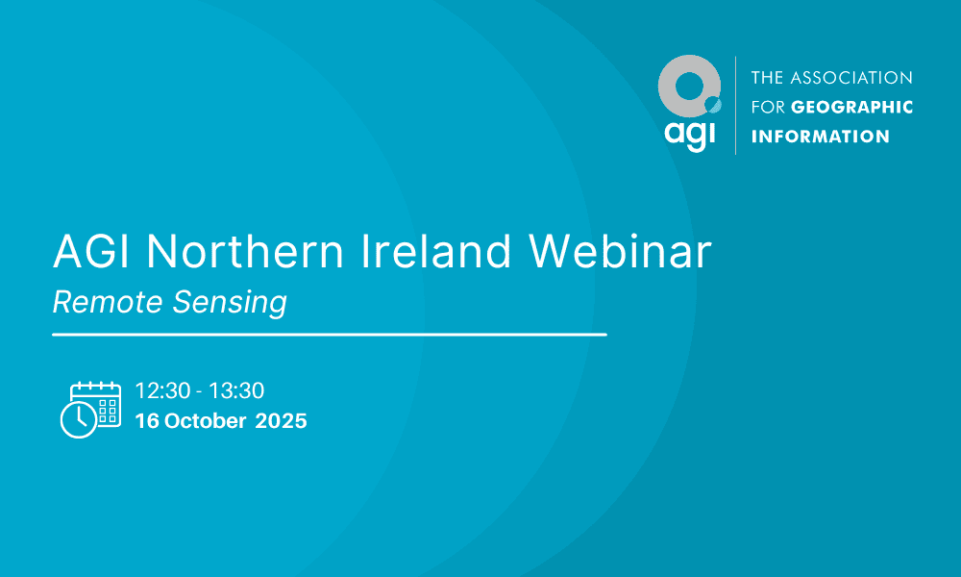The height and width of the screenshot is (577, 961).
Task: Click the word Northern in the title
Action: click(x=245, y=251)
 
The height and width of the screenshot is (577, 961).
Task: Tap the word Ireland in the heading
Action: click(x=435, y=251)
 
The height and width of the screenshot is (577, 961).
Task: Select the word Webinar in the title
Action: click(x=620, y=251)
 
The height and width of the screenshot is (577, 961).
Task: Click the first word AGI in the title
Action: click(x=91, y=251)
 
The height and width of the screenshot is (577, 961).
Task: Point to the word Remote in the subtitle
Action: click(x=108, y=302)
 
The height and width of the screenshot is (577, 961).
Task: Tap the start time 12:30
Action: click(x=162, y=390)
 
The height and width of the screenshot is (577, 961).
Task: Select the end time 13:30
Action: click(x=236, y=390)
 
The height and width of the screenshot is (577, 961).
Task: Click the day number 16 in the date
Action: click(x=147, y=420)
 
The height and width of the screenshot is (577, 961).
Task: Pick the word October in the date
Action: click(x=206, y=420)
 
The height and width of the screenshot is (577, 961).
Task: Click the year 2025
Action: click(x=281, y=420)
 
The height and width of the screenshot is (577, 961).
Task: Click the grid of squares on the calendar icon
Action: click(x=108, y=411)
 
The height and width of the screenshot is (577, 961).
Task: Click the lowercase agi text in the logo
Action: click(x=689, y=135)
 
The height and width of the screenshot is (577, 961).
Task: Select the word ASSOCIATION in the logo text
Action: click(x=851, y=78)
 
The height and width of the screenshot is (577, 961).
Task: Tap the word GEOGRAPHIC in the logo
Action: click(x=851, y=108)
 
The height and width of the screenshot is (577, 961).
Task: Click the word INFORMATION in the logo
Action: click(x=820, y=137)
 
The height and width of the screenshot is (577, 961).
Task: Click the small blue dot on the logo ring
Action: click(x=713, y=105)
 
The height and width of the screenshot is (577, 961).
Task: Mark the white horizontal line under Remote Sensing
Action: click(x=330, y=335)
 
